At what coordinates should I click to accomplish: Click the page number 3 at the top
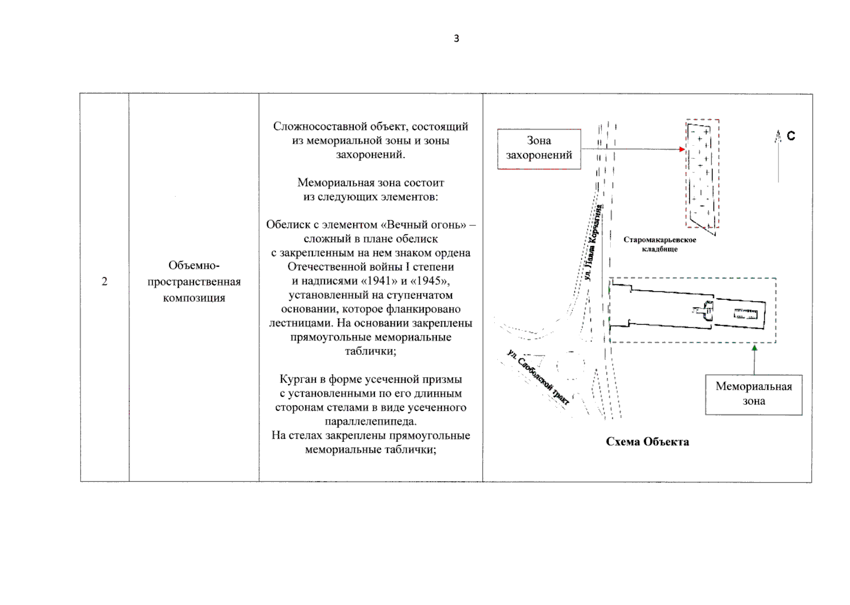pyautogui.click(x=456, y=38)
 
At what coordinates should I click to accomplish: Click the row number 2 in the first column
pyautogui.click(x=104, y=281)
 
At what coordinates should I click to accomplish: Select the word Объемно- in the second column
pyautogui.click(x=194, y=265)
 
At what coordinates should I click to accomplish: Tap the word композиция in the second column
pyautogui.click(x=194, y=298)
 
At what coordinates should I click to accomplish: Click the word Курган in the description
pyautogui.click(x=297, y=379)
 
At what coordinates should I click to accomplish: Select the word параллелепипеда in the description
pyautogui.click(x=370, y=421)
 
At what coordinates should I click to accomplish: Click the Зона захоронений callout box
pyautogui.click(x=539, y=148)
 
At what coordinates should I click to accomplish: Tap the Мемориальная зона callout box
pyautogui.click(x=753, y=394)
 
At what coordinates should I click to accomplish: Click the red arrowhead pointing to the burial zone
pyautogui.click(x=682, y=149)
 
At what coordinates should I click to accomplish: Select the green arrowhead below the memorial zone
pyautogui.click(x=754, y=348)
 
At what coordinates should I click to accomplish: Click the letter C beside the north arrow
pyautogui.click(x=791, y=136)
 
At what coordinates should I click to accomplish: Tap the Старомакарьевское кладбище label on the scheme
pyautogui.click(x=660, y=244)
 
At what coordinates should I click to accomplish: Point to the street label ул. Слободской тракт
pyautogui.click(x=538, y=377)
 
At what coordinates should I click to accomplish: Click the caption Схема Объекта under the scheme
pyautogui.click(x=647, y=442)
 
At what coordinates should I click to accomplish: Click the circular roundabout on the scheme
pyautogui.click(x=571, y=365)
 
